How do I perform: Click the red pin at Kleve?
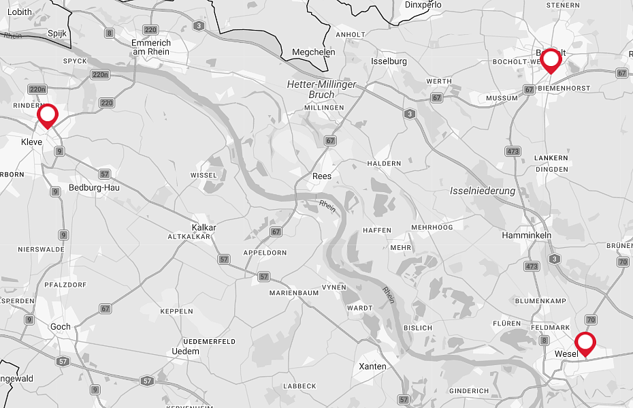coord(47,116)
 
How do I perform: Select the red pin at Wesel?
coord(585,343)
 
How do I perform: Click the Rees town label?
coord(321,176)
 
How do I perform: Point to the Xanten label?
coord(372,366)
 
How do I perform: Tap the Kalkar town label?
coord(204,227)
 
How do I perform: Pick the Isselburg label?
coord(389,61)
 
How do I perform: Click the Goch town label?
coord(60,327)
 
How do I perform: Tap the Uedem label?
coord(186,351)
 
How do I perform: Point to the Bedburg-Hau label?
coord(94,187)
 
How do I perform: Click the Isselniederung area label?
coord(483,191)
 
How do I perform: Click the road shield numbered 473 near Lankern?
coord(513,151)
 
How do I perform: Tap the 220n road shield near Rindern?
coord(37,89)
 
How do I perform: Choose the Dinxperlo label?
coord(423,5)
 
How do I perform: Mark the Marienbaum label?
coord(294,293)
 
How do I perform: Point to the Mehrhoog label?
coord(432,227)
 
